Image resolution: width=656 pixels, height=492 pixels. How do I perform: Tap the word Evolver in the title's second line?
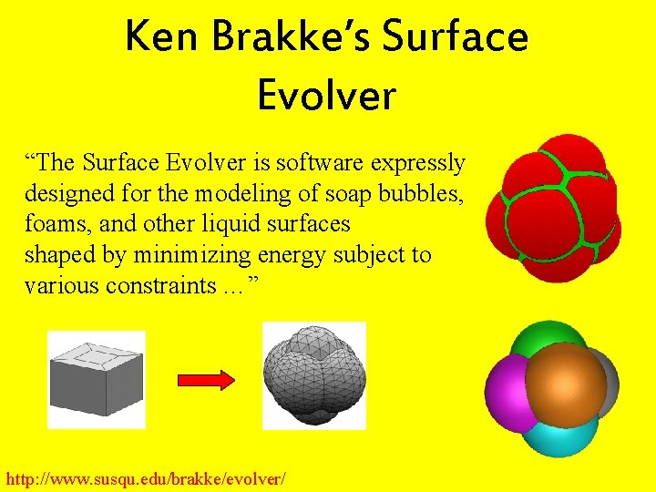pyautogui.click(x=327, y=94)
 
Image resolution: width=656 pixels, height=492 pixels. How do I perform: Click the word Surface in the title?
pyautogui.click(x=456, y=36)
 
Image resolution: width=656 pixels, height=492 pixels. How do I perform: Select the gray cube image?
pyautogui.click(x=96, y=379)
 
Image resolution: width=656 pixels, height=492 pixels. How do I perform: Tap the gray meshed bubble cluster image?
pyautogui.click(x=313, y=374)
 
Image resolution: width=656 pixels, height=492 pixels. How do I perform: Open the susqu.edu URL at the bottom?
pyautogui.click(x=146, y=477)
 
